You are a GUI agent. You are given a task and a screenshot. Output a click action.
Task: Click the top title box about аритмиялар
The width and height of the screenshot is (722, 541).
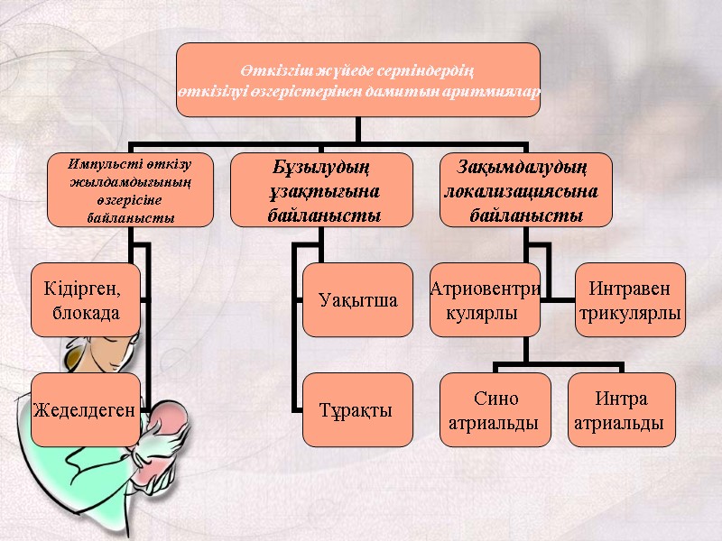[x=358, y=80]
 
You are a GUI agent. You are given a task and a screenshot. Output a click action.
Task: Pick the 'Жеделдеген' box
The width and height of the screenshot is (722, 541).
[x=86, y=410]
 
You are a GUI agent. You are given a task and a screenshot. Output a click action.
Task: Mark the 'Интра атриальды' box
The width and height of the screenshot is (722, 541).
[x=622, y=410]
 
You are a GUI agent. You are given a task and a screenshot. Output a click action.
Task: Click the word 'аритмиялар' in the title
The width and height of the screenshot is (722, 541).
[x=491, y=92]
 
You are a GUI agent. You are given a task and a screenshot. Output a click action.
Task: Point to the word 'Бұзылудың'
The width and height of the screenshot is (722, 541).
[x=323, y=168]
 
